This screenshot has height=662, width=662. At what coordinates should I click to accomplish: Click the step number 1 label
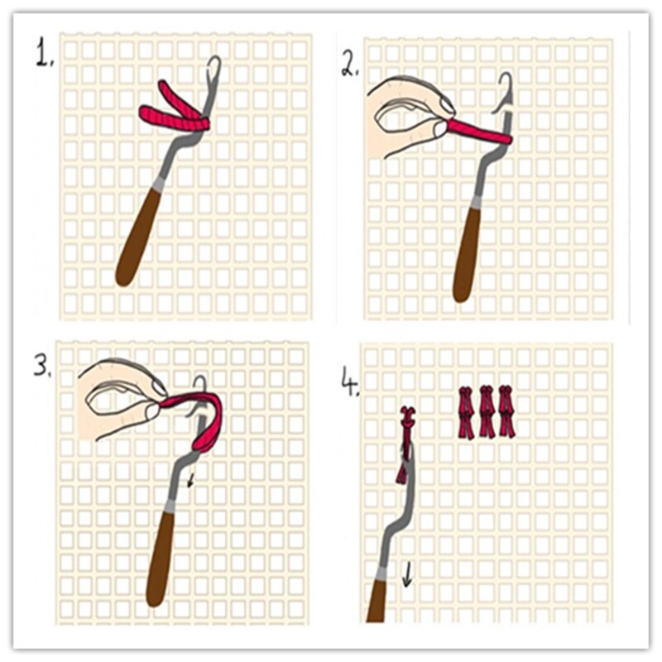pyautogui.click(x=43, y=55)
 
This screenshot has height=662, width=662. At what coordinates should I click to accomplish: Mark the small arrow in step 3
pyautogui.click(x=191, y=479)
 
